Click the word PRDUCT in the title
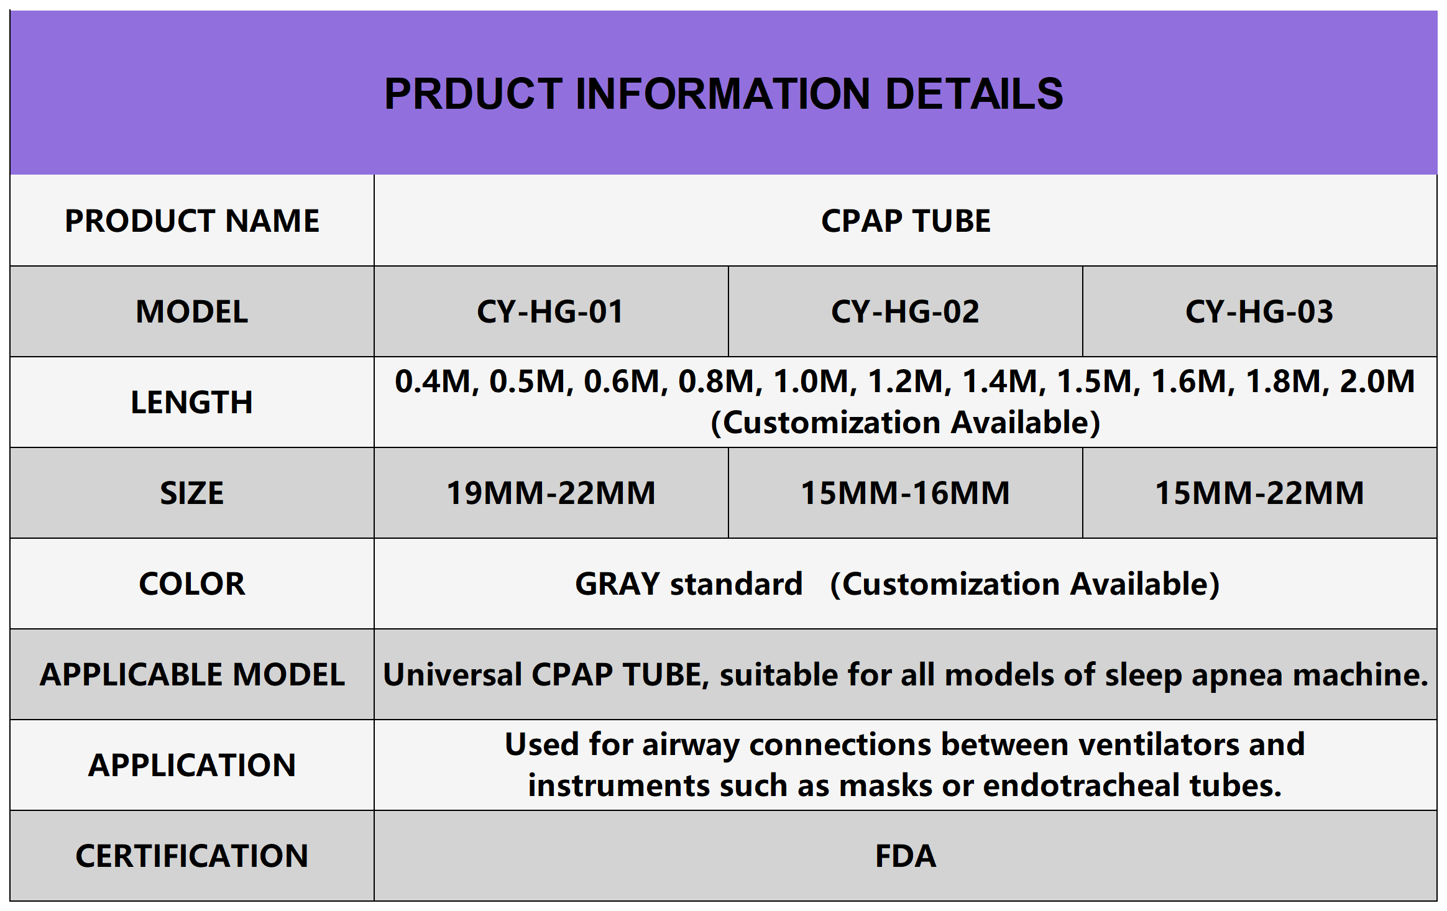click(x=473, y=94)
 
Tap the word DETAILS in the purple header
click(x=974, y=94)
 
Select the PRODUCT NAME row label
click(x=192, y=221)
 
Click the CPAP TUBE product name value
click(x=906, y=221)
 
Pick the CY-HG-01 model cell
click(x=550, y=311)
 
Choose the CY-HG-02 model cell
click(x=905, y=311)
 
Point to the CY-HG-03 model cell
click(x=1259, y=311)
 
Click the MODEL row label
click(x=192, y=311)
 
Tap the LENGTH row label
click(x=192, y=402)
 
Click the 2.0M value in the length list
click(x=1377, y=381)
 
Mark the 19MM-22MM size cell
click(x=551, y=493)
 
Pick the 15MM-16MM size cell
click(x=905, y=493)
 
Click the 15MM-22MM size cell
click(x=1259, y=493)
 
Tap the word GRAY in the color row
click(x=617, y=584)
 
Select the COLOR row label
click(x=192, y=584)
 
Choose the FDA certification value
click(x=906, y=856)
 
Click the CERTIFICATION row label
click(x=192, y=856)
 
